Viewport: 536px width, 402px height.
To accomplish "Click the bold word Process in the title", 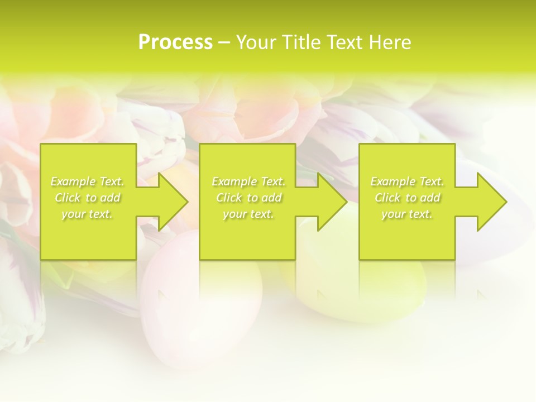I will [175, 42].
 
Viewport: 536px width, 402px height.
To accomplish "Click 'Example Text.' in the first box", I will [87, 181].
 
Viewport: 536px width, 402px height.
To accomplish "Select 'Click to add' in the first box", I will [87, 198].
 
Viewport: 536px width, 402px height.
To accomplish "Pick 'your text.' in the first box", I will [87, 214].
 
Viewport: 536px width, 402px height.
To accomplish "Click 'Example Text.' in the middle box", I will [248, 181].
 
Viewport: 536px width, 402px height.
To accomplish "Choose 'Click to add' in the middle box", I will [248, 198].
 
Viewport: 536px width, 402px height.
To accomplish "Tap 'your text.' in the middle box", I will [248, 214].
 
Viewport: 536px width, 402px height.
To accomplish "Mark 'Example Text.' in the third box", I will [407, 181].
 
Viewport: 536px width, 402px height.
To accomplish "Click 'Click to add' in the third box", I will [407, 198].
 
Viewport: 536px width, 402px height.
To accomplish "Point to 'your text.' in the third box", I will [407, 214].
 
